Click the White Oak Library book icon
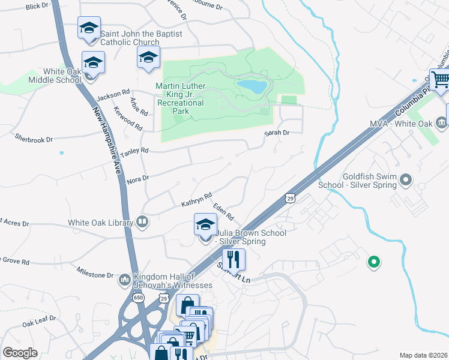point(142,223)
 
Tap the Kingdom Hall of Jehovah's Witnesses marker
point(124,280)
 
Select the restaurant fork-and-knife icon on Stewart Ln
point(234,259)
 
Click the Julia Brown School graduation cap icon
point(205,225)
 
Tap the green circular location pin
point(373,262)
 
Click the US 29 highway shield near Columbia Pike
point(289,197)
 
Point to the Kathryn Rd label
point(197,200)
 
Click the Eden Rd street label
point(223,211)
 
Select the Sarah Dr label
point(277,133)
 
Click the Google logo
point(20,353)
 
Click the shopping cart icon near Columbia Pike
point(441,79)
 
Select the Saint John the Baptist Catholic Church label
point(141,38)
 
